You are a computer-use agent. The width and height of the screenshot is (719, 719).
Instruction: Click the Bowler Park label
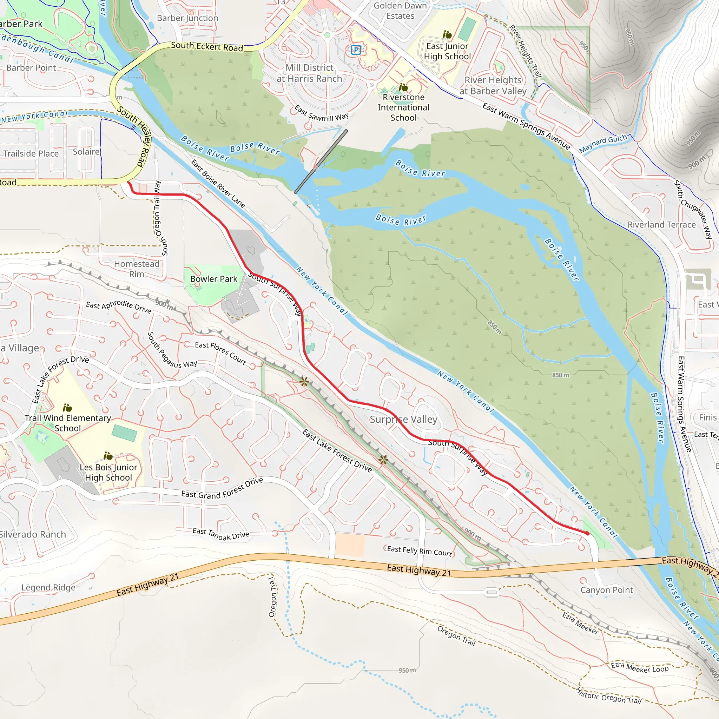pyautogui.click(x=213, y=279)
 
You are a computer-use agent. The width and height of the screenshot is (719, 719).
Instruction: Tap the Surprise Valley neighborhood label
pyautogui.click(x=403, y=420)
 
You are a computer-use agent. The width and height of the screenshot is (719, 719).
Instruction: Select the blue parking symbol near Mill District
pyautogui.click(x=356, y=50)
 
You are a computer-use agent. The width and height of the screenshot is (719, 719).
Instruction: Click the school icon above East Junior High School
pyautogui.click(x=447, y=35)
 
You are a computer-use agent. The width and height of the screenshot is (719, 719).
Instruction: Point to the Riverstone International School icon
pyautogui.click(x=403, y=87)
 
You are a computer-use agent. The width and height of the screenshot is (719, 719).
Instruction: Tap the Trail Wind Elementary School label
pyautogui.click(x=68, y=423)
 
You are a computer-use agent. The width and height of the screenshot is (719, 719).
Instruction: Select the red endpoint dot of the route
pyautogui.click(x=587, y=533)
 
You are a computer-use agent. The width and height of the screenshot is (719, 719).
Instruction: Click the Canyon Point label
pyautogui.click(x=607, y=590)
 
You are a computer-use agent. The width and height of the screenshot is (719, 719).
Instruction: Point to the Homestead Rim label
pyautogui.click(x=137, y=269)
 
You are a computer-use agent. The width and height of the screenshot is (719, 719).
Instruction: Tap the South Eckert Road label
pyautogui.click(x=207, y=47)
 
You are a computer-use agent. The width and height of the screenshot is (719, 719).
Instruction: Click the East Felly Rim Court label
pyautogui.click(x=420, y=551)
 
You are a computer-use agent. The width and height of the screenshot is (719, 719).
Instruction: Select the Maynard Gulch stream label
pyautogui.click(x=603, y=144)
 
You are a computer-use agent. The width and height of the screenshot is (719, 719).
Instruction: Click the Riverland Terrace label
pyautogui.click(x=661, y=225)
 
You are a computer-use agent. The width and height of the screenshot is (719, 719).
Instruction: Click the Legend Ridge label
pyautogui.click(x=48, y=588)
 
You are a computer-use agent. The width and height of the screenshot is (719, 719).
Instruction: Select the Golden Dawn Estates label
pyautogui.click(x=400, y=11)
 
